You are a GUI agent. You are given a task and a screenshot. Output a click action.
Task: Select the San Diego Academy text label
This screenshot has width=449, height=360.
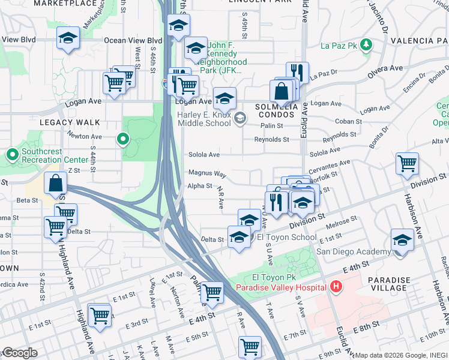(354, 252)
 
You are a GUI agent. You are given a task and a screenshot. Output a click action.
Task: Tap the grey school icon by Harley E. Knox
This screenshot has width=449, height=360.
(240, 118)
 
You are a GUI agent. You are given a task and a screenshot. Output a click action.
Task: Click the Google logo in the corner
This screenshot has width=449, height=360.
(19, 353)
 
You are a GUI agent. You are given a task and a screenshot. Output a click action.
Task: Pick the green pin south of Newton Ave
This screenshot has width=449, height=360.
(123, 140)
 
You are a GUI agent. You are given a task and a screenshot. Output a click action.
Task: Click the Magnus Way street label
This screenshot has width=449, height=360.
(207, 173)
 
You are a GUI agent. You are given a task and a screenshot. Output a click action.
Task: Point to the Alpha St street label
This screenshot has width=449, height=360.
(200, 186)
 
